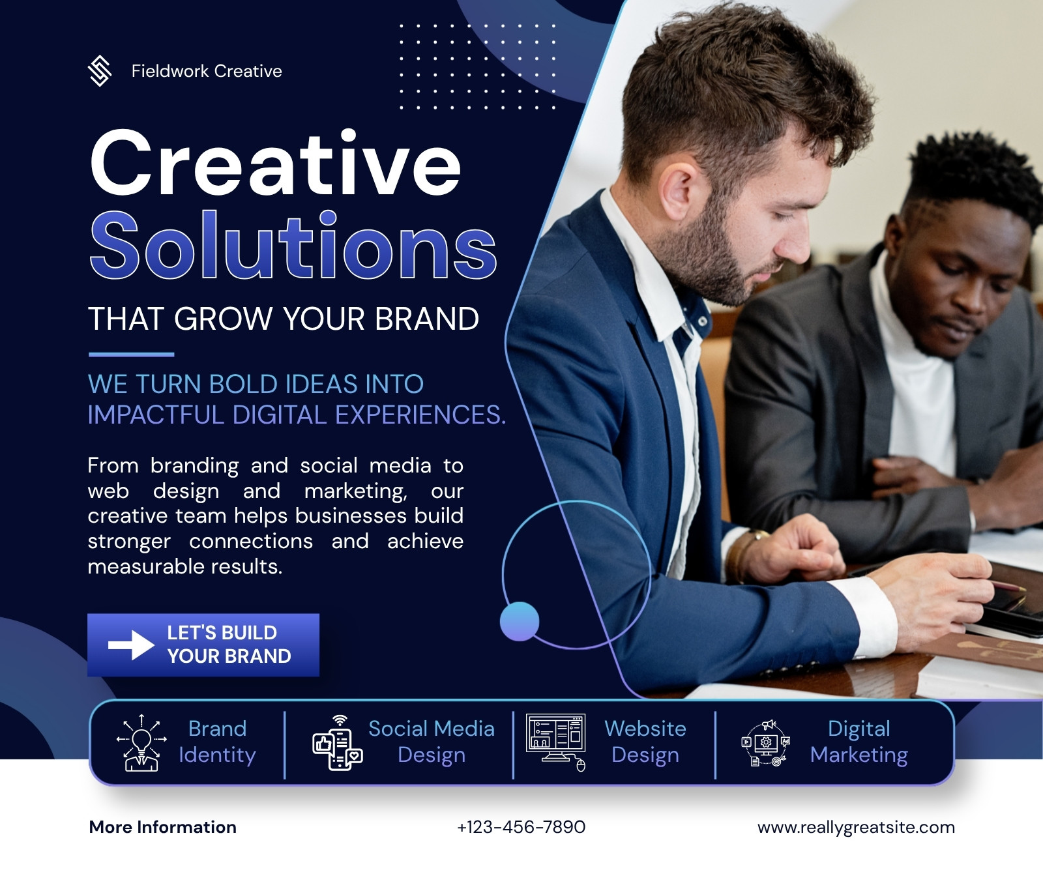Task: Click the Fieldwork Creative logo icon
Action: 99,71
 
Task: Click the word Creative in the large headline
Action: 276,163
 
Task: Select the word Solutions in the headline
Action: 293,245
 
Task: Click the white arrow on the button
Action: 131,645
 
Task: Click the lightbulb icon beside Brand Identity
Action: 141,742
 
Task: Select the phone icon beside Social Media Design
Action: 338,742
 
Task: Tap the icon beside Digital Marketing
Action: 766,743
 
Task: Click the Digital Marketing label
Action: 859,742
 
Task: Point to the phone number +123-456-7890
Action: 521,827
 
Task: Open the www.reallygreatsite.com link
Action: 856,828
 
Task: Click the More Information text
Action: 163,827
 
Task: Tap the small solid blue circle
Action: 520,621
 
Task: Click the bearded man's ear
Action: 675,192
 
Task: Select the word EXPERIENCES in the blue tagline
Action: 420,415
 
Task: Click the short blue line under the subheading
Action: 131,355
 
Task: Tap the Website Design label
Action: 645,742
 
